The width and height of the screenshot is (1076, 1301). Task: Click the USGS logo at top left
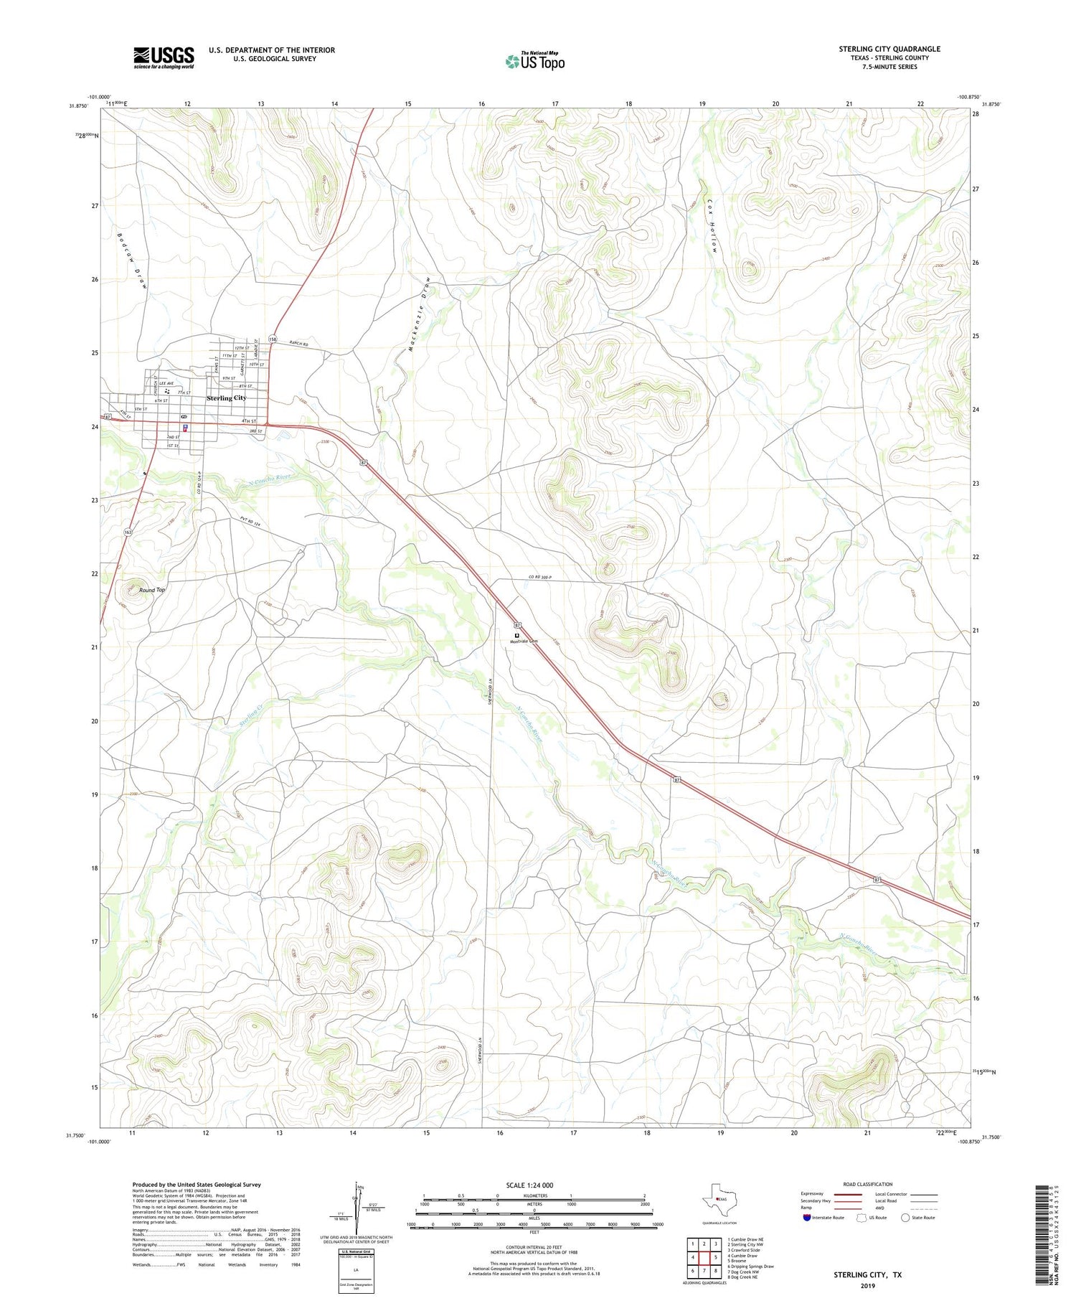point(164,57)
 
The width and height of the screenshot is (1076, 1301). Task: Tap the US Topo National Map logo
point(534,61)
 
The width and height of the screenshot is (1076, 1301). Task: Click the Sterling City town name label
point(226,398)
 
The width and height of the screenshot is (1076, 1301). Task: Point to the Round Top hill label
point(152,590)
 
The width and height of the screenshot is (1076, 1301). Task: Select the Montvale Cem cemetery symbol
point(516,635)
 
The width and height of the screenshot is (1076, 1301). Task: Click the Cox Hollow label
point(713,225)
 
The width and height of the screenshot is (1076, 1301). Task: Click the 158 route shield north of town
point(273,339)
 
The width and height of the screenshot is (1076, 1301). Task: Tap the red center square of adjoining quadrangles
point(705,1257)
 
